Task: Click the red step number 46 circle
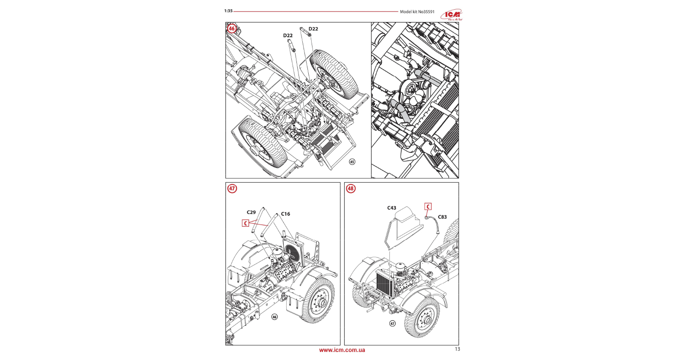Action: (x=232, y=29)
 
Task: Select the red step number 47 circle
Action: (x=232, y=189)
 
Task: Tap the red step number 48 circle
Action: (x=351, y=189)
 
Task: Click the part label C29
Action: (x=251, y=212)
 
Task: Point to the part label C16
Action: (x=285, y=214)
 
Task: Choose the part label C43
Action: (x=392, y=208)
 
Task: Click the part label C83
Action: (x=442, y=217)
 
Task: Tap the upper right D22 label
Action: (x=313, y=29)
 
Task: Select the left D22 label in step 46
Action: (x=288, y=36)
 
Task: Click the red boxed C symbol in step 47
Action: (x=245, y=223)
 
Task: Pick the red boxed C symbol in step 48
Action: (x=428, y=206)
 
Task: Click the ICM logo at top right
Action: (x=452, y=15)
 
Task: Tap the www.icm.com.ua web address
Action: (x=342, y=350)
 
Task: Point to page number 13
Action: (x=457, y=349)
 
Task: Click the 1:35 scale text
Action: (x=228, y=11)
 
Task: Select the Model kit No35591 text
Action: (x=417, y=12)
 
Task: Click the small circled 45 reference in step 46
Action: (x=352, y=162)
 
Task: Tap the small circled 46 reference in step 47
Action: (x=274, y=317)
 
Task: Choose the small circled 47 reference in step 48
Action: (x=392, y=324)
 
